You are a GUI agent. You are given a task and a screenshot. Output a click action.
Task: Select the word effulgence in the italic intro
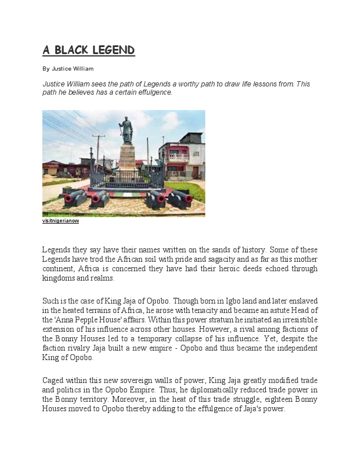(153, 92)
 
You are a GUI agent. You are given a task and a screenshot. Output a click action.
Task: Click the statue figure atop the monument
(126, 130)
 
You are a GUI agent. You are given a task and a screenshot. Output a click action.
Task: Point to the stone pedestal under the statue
(127, 158)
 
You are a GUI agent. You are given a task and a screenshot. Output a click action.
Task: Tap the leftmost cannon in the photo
(75, 197)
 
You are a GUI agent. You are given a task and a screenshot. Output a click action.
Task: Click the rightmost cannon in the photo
(179, 198)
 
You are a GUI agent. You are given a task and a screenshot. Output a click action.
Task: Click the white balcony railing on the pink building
(179, 158)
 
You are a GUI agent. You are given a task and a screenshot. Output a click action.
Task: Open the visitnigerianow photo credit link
(61, 221)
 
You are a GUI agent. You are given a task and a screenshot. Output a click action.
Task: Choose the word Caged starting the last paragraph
(53, 381)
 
